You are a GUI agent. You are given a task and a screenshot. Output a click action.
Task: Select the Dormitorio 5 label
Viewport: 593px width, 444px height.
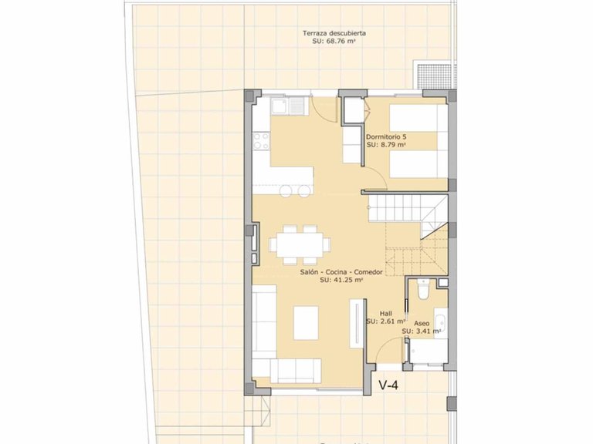(x=386, y=136)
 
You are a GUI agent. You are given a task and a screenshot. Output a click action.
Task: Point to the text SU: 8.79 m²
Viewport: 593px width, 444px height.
(x=385, y=144)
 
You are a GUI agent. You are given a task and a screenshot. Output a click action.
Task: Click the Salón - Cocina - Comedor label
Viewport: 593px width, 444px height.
(x=341, y=272)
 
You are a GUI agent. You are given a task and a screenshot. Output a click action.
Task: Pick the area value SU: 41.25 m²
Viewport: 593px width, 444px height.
(x=341, y=281)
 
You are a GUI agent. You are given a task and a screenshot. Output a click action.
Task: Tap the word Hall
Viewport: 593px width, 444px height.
(x=386, y=314)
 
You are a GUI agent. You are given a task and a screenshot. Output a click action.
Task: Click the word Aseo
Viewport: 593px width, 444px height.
(x=422, y=323)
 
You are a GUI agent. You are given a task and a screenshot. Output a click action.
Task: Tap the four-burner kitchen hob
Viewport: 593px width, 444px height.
(x=261, y=140)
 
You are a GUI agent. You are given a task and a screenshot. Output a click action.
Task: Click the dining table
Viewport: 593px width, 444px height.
(x=299, y=244)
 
